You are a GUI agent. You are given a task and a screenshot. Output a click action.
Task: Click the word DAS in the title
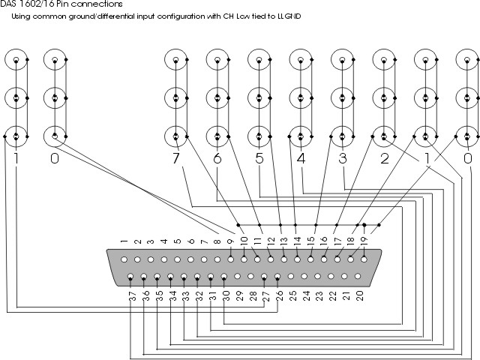[x=9, y=4]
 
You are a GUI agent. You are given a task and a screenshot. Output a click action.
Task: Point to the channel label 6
[x=217, y=160]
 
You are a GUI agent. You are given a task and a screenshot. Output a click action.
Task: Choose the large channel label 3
[x=342, y=160]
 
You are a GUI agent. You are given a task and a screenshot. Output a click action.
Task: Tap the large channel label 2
[x=384, y=160]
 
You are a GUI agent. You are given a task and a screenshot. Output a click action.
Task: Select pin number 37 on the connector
[x=132, y=296]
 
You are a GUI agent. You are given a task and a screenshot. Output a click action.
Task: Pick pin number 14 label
[x=297, y=242]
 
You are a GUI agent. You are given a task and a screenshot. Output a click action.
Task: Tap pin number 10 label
[x=244, y=242]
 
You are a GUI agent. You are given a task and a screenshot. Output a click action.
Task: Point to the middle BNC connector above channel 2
[x=384, y=97]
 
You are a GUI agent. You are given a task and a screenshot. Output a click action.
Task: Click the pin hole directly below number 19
[x=364, y=259]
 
